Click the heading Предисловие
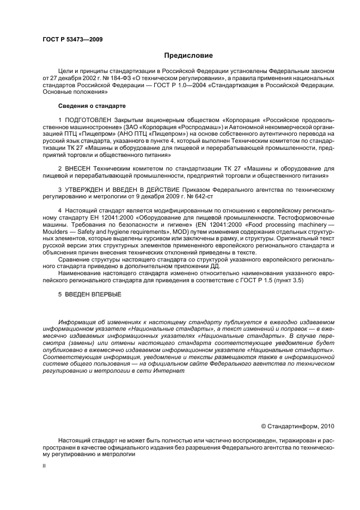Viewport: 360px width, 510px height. pos(188,55)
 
